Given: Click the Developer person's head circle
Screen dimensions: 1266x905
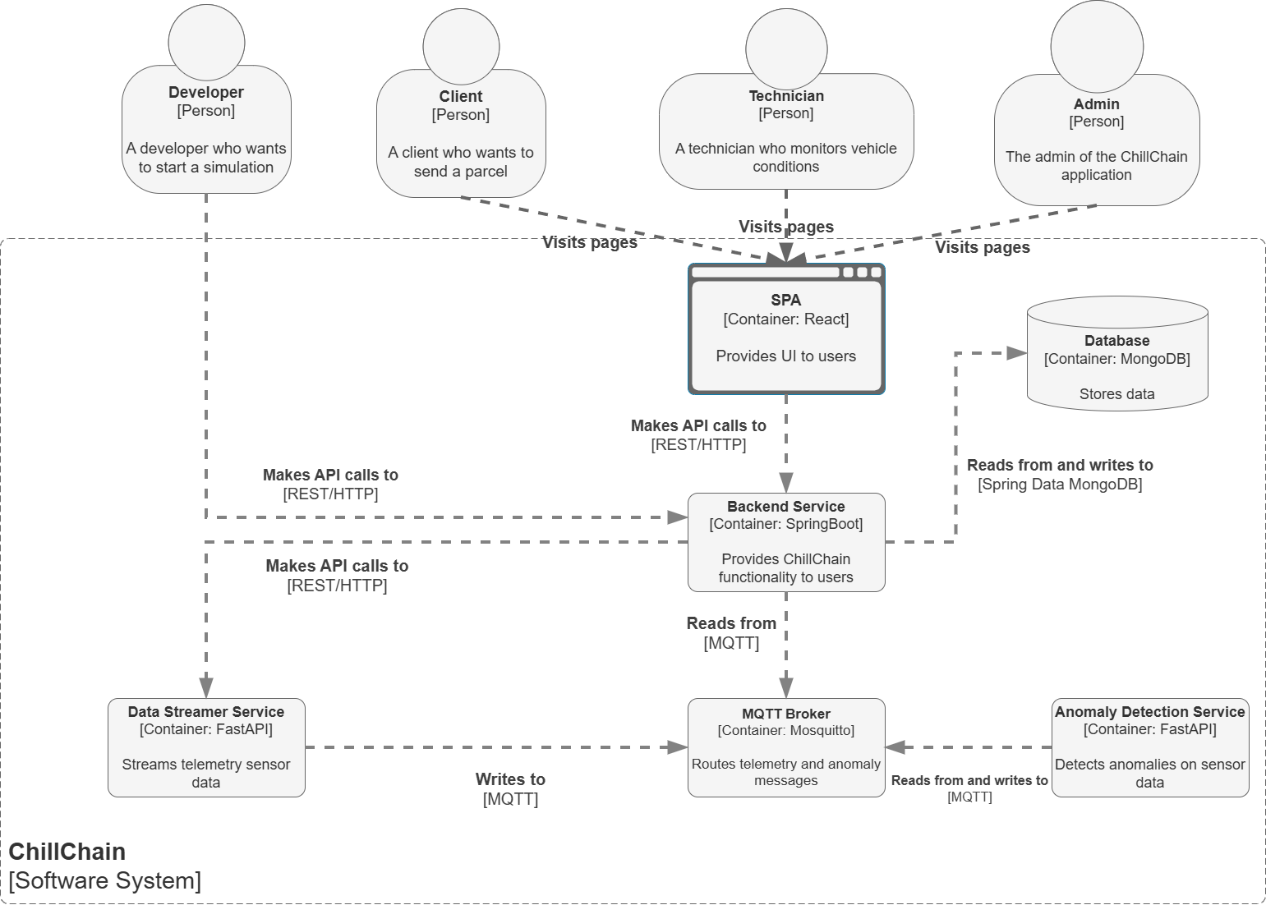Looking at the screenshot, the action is (x=206, y=43).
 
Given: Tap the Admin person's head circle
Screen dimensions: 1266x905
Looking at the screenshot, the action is (x=1097, y=46).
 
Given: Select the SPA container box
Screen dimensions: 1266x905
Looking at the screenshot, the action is (x=786, y=328).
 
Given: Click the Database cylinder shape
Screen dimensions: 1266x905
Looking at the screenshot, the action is (x=1117, y=354).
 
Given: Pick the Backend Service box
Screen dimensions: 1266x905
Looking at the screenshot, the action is (x=786, y=542).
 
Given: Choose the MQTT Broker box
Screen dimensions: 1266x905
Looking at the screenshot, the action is (x=786, y=747).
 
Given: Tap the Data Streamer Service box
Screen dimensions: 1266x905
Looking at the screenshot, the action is (x=206, y=747).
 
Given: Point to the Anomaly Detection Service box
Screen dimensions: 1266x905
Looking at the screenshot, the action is (x=1150, y=747).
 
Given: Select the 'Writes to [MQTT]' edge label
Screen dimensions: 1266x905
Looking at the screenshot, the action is (x=510, y=789).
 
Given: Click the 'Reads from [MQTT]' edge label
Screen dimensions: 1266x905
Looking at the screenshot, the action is (x=731, y=633).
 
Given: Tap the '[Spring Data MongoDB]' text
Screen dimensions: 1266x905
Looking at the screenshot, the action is (x=1060, y=485).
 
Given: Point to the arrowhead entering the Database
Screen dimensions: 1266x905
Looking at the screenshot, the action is (x=1017, y=353).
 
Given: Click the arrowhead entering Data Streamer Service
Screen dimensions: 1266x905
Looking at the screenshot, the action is (x=206, y=688).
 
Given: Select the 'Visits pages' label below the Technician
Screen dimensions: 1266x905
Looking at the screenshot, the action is (x=786, y=227).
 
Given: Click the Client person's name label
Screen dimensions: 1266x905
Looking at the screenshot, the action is (x=461, y=96).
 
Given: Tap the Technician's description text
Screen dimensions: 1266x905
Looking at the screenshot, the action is (x=785, y=157).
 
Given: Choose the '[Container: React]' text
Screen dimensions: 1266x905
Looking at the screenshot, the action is (x=786, y=319).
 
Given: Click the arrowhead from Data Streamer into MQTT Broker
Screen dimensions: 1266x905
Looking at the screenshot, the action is (x=677, y=747).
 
